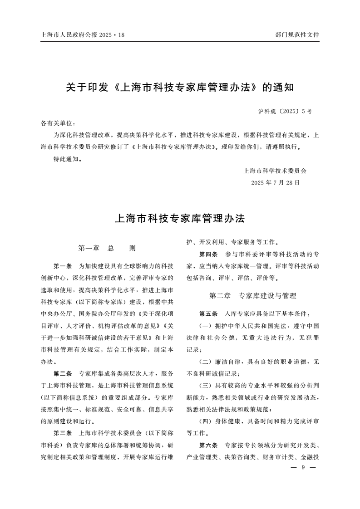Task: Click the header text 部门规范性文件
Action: coord(297,34)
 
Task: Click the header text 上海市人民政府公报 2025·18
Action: coord(82,34)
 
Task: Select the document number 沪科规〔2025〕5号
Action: coord(285,111)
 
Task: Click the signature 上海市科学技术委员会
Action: coord(275,171)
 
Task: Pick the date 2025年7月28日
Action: coord(275,183)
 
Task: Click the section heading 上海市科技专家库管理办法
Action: coord(180,219)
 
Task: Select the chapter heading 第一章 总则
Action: coord(107,248)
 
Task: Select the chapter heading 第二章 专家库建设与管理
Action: coord(253,296)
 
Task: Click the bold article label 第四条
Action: coord(208,254)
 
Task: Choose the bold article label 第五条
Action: coord(208,314)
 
